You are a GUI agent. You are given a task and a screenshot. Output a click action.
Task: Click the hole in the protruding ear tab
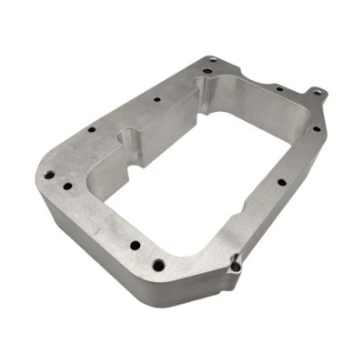tap(316, 92)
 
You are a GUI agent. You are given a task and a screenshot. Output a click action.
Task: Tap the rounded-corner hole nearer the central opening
tap(67, 187)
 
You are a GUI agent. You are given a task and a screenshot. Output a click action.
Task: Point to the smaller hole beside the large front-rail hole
tap(135, 245)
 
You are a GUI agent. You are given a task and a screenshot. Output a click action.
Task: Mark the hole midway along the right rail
tap(281, 182)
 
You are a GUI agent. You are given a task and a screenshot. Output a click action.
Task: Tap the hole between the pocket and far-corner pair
tap(157, 98)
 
